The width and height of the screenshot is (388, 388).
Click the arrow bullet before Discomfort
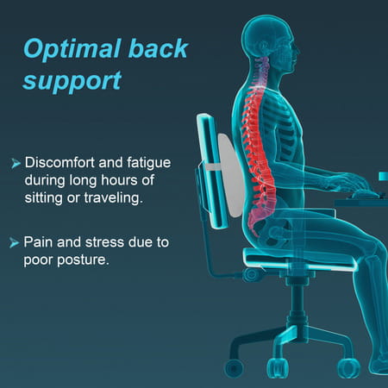15,163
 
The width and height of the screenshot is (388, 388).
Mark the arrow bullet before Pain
15,243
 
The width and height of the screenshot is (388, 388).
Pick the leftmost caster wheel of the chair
234,367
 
